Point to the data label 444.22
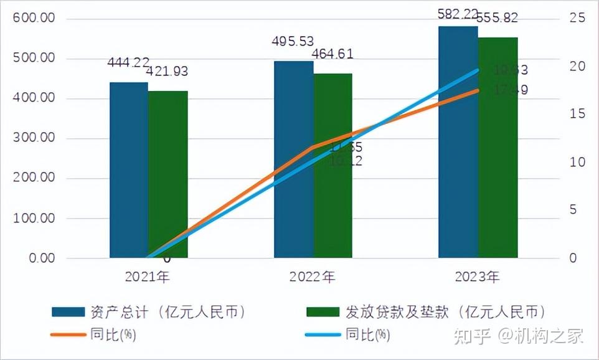click(x=128, y=62)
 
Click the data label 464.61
click(x=332, y=54)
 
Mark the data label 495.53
click(x=293, y=42)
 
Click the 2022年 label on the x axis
click(x=312, y=277)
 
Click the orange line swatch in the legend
click(x=68, y=335)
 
